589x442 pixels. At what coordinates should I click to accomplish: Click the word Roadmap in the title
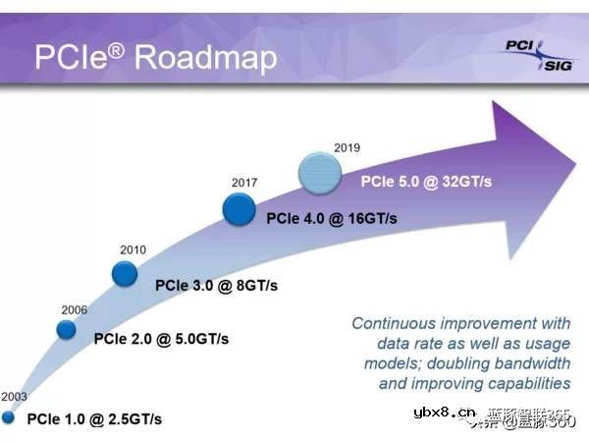(206, 57)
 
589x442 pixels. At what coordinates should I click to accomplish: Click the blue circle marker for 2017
(239, 208)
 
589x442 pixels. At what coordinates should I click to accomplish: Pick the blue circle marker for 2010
(125, 273)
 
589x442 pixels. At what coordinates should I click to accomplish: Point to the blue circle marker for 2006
(66, 329)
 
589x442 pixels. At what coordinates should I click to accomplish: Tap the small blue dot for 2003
(9, 417)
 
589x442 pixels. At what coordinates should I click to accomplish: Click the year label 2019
(347, 148)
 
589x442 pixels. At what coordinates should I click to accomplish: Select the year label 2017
(244, 183)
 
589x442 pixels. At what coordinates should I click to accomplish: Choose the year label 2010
(133, 249)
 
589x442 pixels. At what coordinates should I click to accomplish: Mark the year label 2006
(74, 308)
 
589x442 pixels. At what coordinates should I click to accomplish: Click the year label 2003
(14, 396)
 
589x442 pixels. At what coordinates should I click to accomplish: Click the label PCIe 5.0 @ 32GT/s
(426, 182)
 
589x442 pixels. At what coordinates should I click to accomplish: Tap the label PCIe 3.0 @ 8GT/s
(216, 286)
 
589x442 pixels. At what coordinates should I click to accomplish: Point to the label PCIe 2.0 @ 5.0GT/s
(161, 339)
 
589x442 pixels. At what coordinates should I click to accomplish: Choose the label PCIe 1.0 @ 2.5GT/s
(94, 419)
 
